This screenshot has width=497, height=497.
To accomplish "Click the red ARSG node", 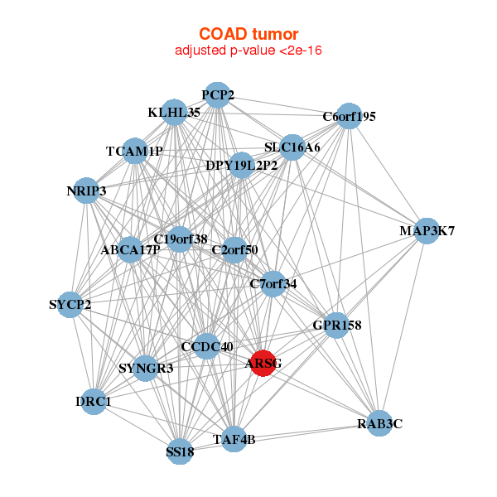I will pyautogui.click(x=263, y=364).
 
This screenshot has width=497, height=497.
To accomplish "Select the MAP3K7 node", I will pyautogui.click(x=426, y=231).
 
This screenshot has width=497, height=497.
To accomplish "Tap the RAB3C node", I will pyautogui.click(x=379, y=423).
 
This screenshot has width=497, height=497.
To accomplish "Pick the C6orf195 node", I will pyautogui.click(x=350, y=118).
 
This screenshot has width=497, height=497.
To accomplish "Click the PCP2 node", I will pyautogui.click(x=216, y=95).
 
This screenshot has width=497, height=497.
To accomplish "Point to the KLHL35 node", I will pyautogui.click(x=174, y=113).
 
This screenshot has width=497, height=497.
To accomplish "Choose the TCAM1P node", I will pyautogui.click(x=134, y=152).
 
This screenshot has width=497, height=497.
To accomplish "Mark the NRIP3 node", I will pyautogui.click(x=86, y=191).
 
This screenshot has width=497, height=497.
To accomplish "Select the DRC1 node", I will pyautogui.click(x=94, y=402).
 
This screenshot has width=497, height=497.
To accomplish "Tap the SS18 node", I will pyautogui.click(x=180, y=451).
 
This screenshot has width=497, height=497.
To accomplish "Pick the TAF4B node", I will pyautogui.click(x=234, y=439).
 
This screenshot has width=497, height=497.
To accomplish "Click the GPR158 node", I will pyautogui.click(x=335, y=326).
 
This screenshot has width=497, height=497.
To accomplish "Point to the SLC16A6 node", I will pyautogui.click(x=292, y=148).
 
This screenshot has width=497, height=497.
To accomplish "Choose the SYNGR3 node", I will pyautogui.click(x=146, y=369).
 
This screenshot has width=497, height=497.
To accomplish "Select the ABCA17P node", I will pyautogui.click(x=130, y=249).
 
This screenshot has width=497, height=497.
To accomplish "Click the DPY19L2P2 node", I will pyautogui.click(x=241, y=166).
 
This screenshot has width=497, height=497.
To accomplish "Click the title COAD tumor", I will pyautogui.click(x=248, y=34).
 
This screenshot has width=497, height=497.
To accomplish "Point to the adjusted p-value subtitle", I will pyautogui.click(x=248, y=51).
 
